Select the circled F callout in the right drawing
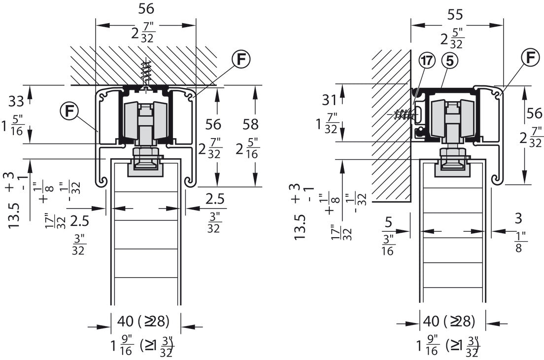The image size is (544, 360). tap(531, 58)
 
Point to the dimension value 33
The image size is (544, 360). tap(16, 101)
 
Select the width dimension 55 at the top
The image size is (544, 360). tap(455, 15)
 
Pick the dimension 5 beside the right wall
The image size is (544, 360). tap(388, 222)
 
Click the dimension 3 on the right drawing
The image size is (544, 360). tap(518, 218)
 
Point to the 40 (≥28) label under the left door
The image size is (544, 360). tap(143, 321)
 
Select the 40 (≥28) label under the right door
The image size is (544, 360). tap(448, 321)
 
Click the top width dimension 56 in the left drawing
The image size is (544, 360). tap(146, 9)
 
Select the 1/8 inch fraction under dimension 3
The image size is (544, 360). tap(519, 242)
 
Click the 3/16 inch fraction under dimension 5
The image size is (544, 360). tap(388, 245)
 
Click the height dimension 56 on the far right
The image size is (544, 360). tap(534, 113)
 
